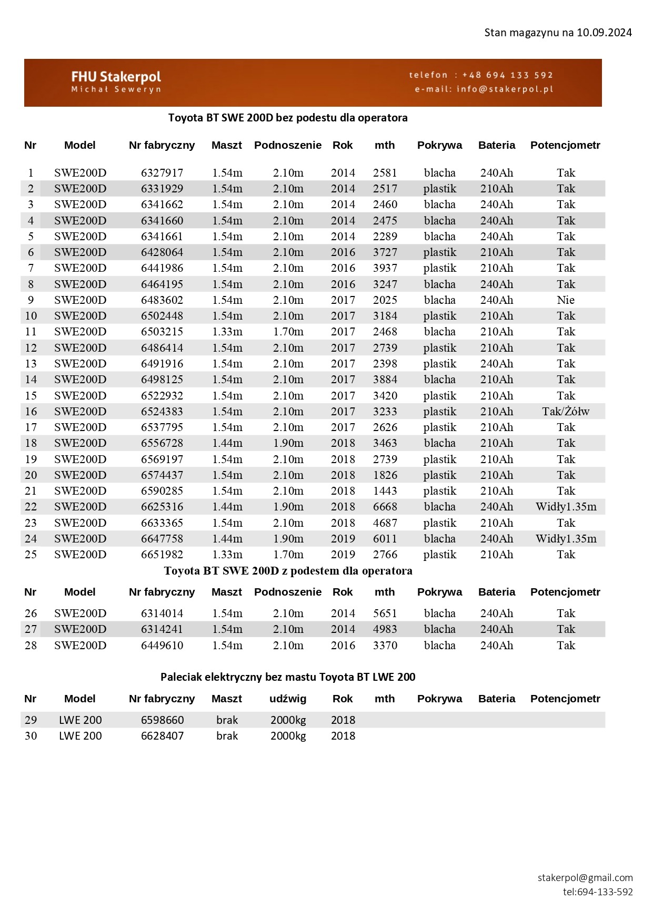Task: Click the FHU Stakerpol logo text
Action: pos(116,77)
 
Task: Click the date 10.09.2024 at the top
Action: pos(604,33)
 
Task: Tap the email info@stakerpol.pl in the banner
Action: pos(505,89)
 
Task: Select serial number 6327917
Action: pos(162,173)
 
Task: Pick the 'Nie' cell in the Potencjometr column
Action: pos(566,300)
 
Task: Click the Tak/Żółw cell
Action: pos(566,412)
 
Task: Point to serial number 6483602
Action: pos(162,300)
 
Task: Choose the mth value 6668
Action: pos(385,507)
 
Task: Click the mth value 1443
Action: pos(385,491)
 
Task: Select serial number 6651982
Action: pos(162,555)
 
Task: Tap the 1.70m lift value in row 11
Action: pos(288,332)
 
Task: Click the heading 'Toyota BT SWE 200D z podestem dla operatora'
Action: pos(288,571)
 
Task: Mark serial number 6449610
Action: pos(162,646)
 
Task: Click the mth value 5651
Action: pos(385,613)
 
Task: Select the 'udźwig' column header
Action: pos(288,699)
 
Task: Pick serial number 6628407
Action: pos(162,736)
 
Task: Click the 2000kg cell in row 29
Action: pos(288,720)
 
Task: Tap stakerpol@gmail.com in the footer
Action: pos(585,877)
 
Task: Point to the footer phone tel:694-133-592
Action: pos(598,892)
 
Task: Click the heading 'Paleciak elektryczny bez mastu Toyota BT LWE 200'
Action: pos(288,677)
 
